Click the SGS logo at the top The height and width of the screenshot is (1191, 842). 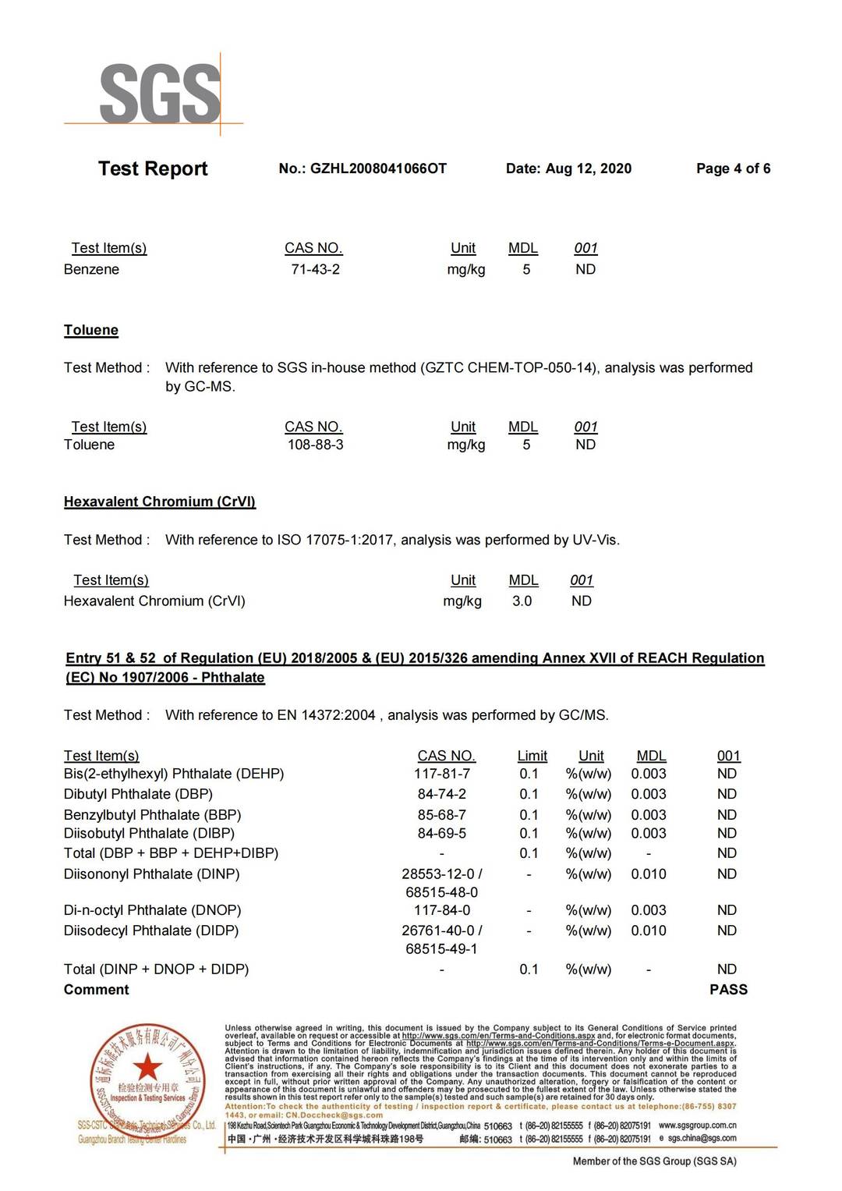pyautogui.click(x=160, y=94)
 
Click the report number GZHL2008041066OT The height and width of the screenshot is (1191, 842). pyautogui.click(x=378, y=168)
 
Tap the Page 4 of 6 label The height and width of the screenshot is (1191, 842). pyautogui.click(x=733, y=168)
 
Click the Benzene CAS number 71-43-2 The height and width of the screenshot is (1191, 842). pyautogui.click(x=315, y=269)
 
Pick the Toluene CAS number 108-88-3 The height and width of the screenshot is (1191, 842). pyautogui.click(x=315, y=445)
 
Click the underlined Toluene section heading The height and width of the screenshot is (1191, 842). pyautogui.click(x=91, y=330)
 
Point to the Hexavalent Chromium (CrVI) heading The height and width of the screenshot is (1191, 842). pyautogui.click(x=160, y=502)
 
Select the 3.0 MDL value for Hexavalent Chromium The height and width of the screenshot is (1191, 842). pyautogui.click(x=522, y=601)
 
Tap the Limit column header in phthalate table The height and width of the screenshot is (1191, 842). pyautogui.click(x=532, y=755)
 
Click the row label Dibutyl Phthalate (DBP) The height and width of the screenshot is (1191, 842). pyautogui.click(x=138, y=794)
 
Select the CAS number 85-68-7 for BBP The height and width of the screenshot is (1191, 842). pyautogui.click(x=441, y=814)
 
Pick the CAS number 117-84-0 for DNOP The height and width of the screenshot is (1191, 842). pyautogui.click(x=441, y=910)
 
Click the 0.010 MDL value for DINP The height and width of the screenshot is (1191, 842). pyautogui.click(x=649, y=874)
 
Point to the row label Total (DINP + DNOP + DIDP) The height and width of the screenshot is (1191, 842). pyautogui.click(x=156, y=969)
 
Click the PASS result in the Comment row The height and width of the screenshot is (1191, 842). pyautogui.click(x=728, y=989)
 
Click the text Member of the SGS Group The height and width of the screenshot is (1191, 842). pyautogui.click(x=654, y=1161)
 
